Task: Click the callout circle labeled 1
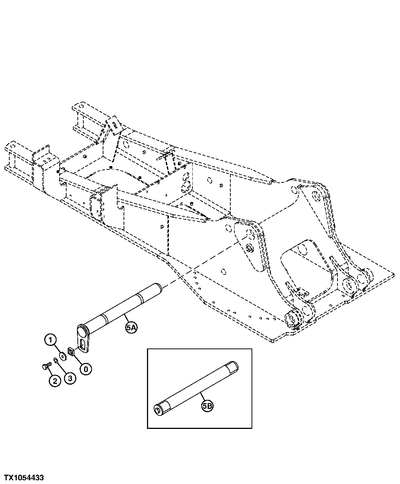click(51, 340)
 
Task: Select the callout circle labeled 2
click(54, 380)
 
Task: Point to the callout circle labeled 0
click(86, 369)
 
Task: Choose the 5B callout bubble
click(208, 407)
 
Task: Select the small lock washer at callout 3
click(55, 360)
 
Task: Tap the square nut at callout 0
click(70, 351)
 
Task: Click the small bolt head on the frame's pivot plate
click(249, 249)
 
